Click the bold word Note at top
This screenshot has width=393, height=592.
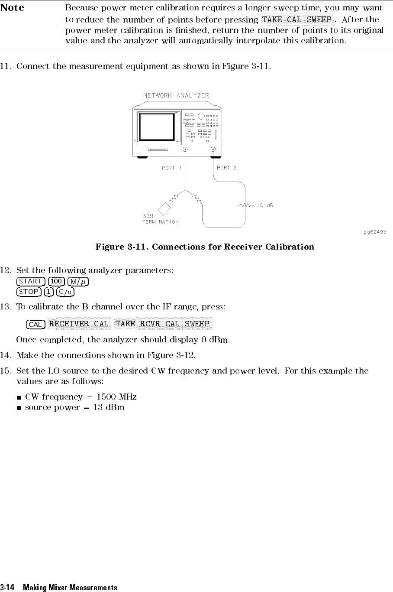(x=12, y=8)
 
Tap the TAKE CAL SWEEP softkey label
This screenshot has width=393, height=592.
(x=297, y=20)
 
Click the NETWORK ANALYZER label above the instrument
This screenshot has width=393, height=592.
(x=176, y=95)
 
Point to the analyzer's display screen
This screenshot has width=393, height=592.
(x=156, y=127)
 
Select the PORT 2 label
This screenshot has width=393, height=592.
(x=227, y=168)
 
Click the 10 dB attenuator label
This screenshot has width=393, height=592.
(x=265, y=205)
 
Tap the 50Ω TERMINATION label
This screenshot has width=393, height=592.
(x=161, y=219)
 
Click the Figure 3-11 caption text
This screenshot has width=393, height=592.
(x=205, y=247)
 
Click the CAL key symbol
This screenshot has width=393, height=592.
(x=35, y=325)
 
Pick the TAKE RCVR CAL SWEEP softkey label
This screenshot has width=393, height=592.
(x=162, y=324)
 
